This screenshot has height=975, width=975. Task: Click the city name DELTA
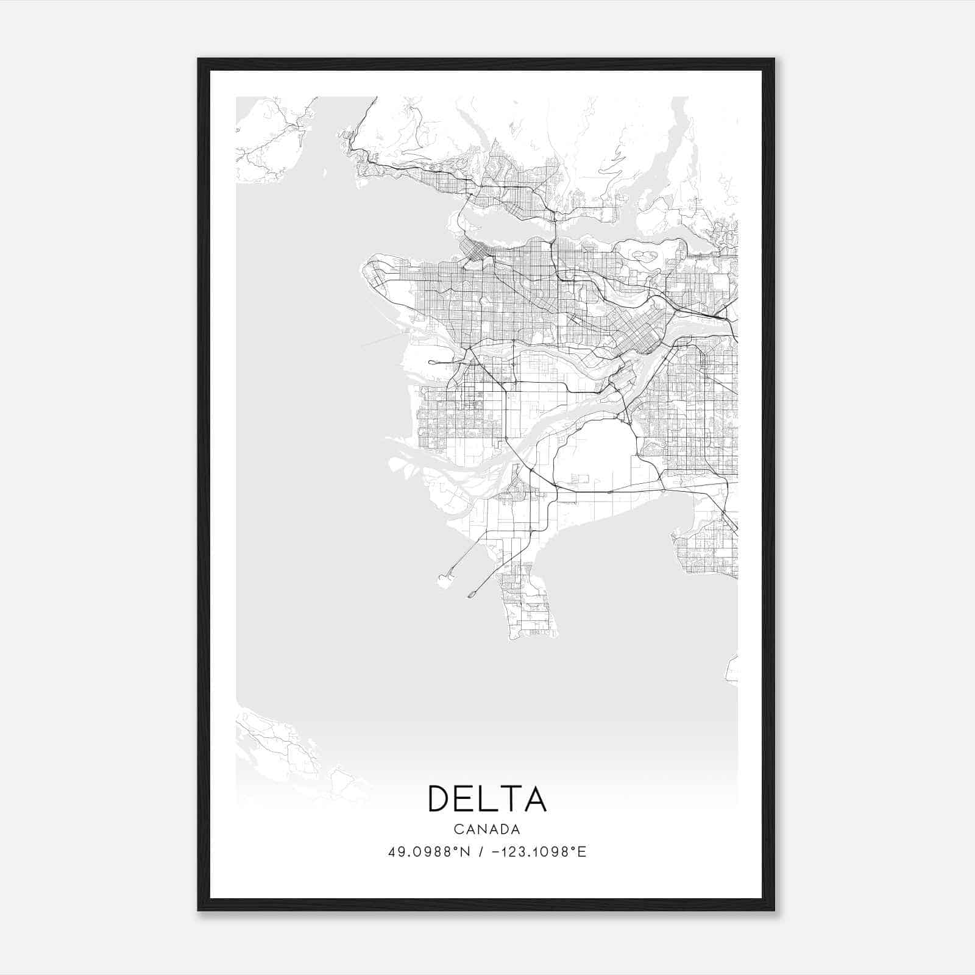487,799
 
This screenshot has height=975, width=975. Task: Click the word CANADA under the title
487,829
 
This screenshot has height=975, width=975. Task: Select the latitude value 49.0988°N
429,852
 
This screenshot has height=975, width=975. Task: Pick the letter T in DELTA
509,799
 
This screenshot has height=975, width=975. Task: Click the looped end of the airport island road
432,362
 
